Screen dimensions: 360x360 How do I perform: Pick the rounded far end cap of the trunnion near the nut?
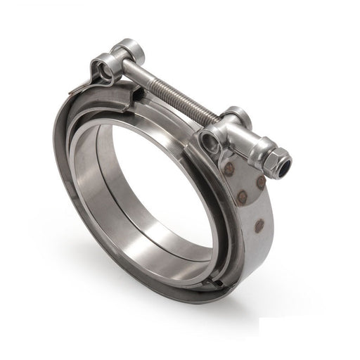tap(236, 115)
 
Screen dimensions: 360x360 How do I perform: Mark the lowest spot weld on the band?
tap(259, 226)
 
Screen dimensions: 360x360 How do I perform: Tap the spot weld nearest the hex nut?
tap(260, 181)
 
